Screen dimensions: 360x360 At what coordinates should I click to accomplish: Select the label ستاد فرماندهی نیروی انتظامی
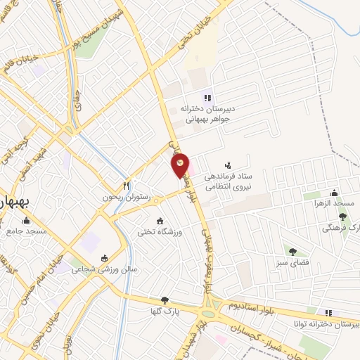229,182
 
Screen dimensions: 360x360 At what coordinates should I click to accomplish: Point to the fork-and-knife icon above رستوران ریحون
127,186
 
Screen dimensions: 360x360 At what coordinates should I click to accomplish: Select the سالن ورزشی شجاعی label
108,269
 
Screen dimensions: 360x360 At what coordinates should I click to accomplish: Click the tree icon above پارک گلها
165,300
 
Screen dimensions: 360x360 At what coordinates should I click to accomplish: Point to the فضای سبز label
290,264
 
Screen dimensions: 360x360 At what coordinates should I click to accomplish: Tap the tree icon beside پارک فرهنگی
343,217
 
